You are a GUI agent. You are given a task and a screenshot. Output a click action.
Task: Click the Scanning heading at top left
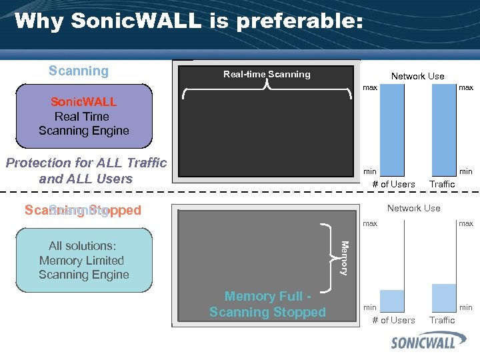(x=79, y=71)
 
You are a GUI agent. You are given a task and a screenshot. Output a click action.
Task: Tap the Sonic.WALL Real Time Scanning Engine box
(x=84, y=116)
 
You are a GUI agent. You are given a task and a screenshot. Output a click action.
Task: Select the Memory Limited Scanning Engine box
(x=84, y=260)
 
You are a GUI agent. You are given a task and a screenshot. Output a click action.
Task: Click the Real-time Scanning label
(x=267, y=75)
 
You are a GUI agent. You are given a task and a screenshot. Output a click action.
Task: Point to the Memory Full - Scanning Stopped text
(x=267, y=304)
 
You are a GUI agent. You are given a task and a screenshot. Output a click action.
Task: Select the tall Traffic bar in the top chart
(x=443, y=129)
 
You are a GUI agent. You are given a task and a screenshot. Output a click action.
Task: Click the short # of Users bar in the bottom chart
(x=392, y=301)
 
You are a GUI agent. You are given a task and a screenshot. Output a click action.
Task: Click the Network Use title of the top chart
(x=417, y=76)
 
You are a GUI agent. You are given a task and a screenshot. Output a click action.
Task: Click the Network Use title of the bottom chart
(x=413, y=208)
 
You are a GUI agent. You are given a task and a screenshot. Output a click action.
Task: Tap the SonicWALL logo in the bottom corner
(x=432, y=343)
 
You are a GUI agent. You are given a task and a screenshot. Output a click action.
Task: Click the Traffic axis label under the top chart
(x=442, y=184)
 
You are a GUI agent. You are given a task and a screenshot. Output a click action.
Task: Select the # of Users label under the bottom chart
(x=393, y=320)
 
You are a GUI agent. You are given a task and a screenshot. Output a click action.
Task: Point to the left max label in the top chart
(x=370, y=88)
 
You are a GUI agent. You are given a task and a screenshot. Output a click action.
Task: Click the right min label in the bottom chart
(x=466, y=307)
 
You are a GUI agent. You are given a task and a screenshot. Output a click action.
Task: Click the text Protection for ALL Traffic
(x=86, y=163)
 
